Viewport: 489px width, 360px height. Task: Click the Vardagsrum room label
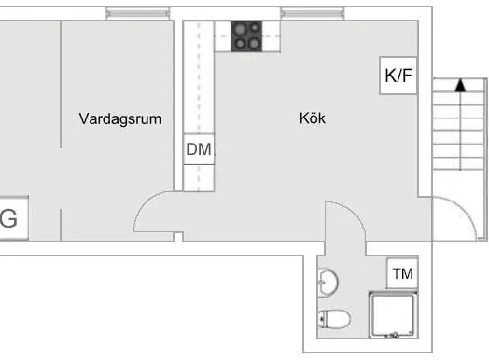pyautogui.click(x=120, y=119)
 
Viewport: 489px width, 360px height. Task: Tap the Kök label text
pyautogui.click(x=313, y=118)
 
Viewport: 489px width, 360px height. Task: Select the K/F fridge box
pyautogui.click(x=398, y=76)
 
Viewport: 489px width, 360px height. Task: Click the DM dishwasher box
pyautogui.click(x=199, y=149)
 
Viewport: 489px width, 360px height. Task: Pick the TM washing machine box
pyautogui.click(x=402, y=273)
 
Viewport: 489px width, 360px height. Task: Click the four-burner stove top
pyautogui.click(x=246, y=36)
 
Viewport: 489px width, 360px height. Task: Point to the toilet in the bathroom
pyautogui.click(x=334, y=319)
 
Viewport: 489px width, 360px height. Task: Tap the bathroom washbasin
pyautogui.click(x=328, y=282)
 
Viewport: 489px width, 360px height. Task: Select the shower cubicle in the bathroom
pyautogui.click(x=393, y=315)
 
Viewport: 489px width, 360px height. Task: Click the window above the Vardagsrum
pyautogui.click(x=138, y=13)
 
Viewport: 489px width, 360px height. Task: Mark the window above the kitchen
pyautogui.click(x=313, y=13)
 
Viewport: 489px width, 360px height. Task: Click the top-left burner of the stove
pyautogui.click(x=240, y=29)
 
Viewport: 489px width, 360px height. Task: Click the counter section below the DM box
pyautogui.click(x=199, y=177)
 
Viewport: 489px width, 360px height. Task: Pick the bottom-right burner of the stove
pyautogui.click(x=254, y=43)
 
